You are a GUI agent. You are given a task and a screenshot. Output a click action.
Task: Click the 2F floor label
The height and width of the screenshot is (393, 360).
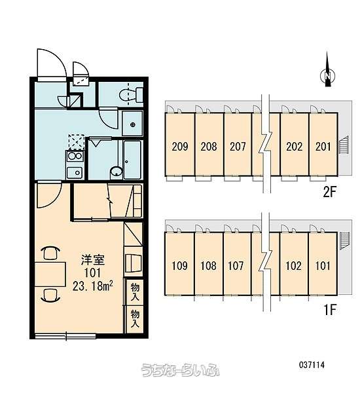(329, 192)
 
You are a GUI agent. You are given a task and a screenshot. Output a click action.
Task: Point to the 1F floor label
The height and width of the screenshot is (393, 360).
(330, 310)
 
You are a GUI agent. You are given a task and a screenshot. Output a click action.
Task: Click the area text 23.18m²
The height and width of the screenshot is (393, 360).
(92, 286)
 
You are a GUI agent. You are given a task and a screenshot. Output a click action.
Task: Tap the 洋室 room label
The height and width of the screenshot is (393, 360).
(92, 260)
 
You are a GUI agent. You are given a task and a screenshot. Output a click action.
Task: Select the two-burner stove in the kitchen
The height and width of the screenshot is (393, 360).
(75, 157)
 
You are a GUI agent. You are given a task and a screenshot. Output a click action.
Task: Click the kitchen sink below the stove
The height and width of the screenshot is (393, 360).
(75, 172)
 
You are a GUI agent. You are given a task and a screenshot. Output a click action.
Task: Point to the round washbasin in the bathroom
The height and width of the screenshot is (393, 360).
(117, 172)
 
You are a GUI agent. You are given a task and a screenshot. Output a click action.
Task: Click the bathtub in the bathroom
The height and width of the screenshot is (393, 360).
(132, 160)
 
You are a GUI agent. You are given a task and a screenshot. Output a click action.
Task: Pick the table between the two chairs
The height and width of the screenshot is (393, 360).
(50, 274)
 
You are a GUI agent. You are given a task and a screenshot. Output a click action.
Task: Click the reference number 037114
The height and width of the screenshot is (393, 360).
(312, 365)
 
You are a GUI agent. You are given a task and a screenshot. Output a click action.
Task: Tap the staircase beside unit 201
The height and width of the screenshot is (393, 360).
(343, 145)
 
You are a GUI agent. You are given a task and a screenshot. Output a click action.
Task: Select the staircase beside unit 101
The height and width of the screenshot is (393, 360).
(344, 240)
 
